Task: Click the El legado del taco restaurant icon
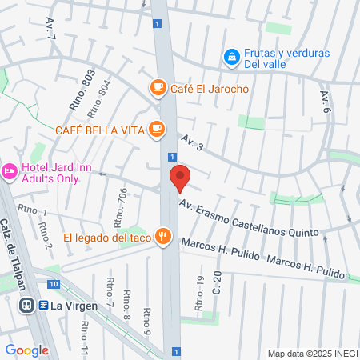click(x=165, y=237)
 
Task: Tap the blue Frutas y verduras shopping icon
click(x=231, y=57)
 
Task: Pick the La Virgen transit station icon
click(x=27, y=305)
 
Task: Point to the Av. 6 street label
click(x=325, y=101)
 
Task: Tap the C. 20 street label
click(x=217, y=282)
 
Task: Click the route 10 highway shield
click(x=52, y=284)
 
